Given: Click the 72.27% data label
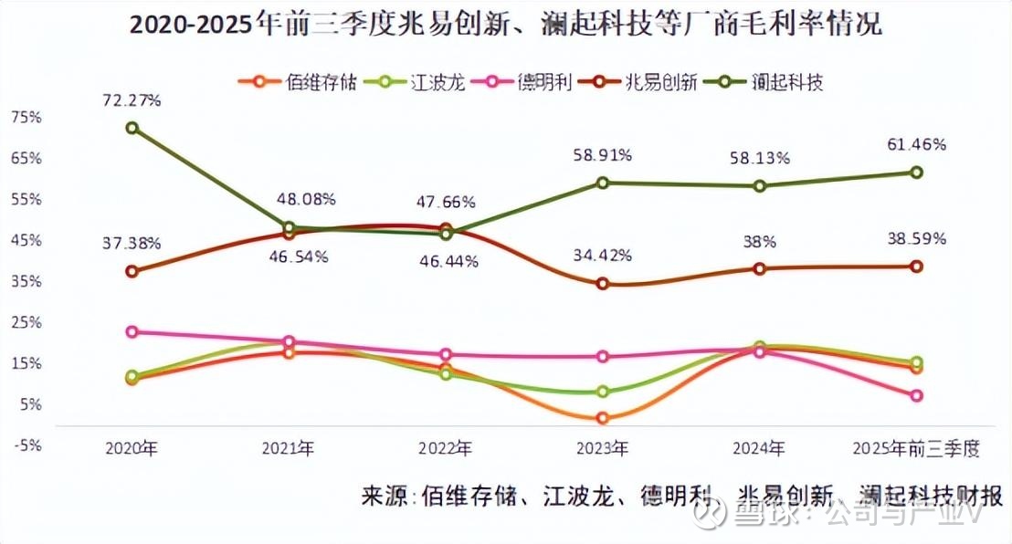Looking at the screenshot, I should (132, 100).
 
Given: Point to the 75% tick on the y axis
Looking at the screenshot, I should (26, 117).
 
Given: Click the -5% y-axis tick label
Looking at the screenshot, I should (26, 445).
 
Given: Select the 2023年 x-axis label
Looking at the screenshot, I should (601, 448).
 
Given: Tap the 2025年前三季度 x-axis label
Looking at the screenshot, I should (914, 448).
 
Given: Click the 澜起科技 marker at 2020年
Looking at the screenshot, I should (132, 128).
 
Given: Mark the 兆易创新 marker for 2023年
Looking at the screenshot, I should (602, 284).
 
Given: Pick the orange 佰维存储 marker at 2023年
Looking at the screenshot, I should (602, 418).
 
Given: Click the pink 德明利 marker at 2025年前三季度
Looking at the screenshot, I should (915, 396).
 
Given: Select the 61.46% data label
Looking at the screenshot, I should (915, 144).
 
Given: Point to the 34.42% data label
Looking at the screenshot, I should (601, 256).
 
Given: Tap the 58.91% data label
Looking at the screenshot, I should (601, 155).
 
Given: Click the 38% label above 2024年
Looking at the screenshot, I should (759, 242).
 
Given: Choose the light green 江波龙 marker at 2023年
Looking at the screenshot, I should (602, 392).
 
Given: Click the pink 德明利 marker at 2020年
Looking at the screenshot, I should (132, 332).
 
